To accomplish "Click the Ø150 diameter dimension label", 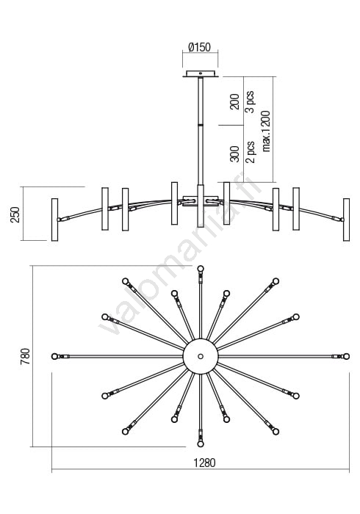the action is click(x=199, y=47).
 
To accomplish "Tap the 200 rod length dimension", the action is click(x=234, y=101).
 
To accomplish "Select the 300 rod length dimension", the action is click(x=234, y=154).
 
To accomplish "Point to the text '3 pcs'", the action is click(x=250, y=101).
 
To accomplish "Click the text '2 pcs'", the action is click(x=250, y=152).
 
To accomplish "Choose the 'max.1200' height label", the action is click(x=266, y=131).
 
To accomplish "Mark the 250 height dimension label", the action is click(x=15, y=214).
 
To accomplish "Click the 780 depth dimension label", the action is click(x=25, y=356).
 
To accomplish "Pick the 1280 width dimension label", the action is click(x=204, y=463).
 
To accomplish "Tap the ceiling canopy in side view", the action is click(x=201, y=73).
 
